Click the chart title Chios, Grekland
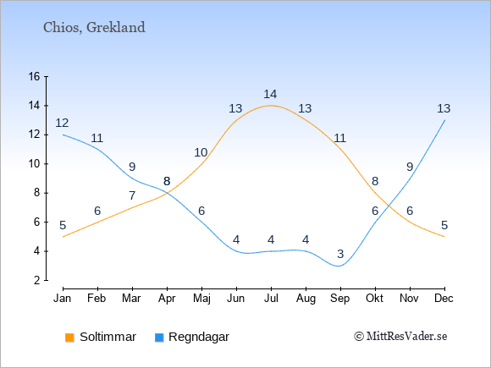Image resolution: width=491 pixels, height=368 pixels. pos(94,28)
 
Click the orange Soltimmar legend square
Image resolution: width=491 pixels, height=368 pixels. pos(69,338)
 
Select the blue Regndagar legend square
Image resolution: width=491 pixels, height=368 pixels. pos(159,338)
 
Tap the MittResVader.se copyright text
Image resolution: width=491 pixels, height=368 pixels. pos(400,337)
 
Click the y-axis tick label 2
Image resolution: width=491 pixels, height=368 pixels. pos(37,280)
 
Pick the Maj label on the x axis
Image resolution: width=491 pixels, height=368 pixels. pos(201,299)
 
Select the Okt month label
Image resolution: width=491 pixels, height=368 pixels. pos(375,299)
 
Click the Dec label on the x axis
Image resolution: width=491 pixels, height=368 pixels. pos(444,299)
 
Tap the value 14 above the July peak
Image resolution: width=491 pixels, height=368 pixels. pos(270,94)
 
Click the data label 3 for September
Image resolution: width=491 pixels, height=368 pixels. pos(340,254)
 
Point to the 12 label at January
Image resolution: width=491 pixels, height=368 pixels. pos(62,123)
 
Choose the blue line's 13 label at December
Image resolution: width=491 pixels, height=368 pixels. pos(444,108)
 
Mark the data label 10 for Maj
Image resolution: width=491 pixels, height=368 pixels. pos(201,153)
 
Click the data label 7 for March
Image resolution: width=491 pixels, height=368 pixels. pos(132,195)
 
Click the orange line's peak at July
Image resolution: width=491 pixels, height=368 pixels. pos(271,106)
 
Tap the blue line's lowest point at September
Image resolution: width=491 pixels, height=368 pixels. pos(339,266)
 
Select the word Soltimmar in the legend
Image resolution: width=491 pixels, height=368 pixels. pos(108,337)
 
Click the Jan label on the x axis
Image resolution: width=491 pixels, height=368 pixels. pos(63,299)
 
